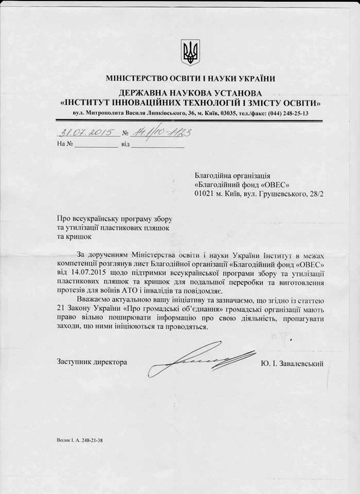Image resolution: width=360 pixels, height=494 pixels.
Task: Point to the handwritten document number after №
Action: tap(160, 133)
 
